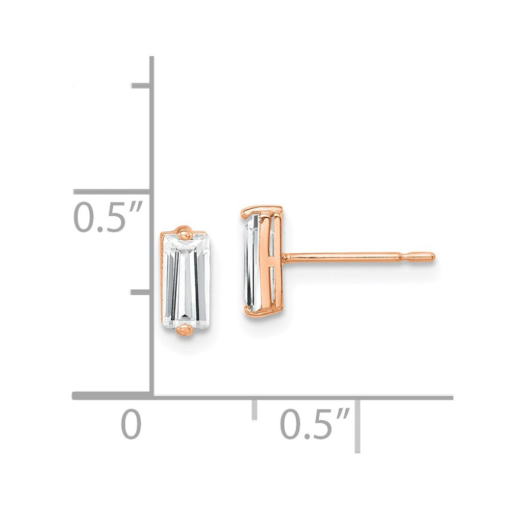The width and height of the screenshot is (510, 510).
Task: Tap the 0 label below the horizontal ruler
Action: point(131,425)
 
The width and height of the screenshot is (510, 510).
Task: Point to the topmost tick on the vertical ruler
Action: point(141,85)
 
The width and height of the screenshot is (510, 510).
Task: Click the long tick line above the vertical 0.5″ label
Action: point(112,192)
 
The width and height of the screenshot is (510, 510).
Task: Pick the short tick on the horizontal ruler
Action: point(254,410)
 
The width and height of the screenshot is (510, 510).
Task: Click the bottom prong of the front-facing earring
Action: point(185,331)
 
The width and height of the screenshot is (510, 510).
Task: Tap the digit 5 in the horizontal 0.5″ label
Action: point(321,425)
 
